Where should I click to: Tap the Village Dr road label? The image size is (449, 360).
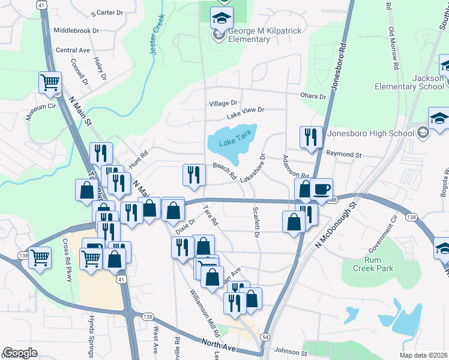tap(223, 104)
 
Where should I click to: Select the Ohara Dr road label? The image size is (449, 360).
tap(313, 96)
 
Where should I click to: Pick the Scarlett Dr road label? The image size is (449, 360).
tap(255, 223)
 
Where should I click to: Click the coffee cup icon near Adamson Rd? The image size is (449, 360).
tap(321, 189)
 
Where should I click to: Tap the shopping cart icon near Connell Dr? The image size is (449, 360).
tap(50, 82)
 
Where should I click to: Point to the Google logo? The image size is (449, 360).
tap(20, 353)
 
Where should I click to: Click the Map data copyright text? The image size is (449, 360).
tap(423, 355)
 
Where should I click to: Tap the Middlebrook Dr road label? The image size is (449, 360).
tap(76, 29)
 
